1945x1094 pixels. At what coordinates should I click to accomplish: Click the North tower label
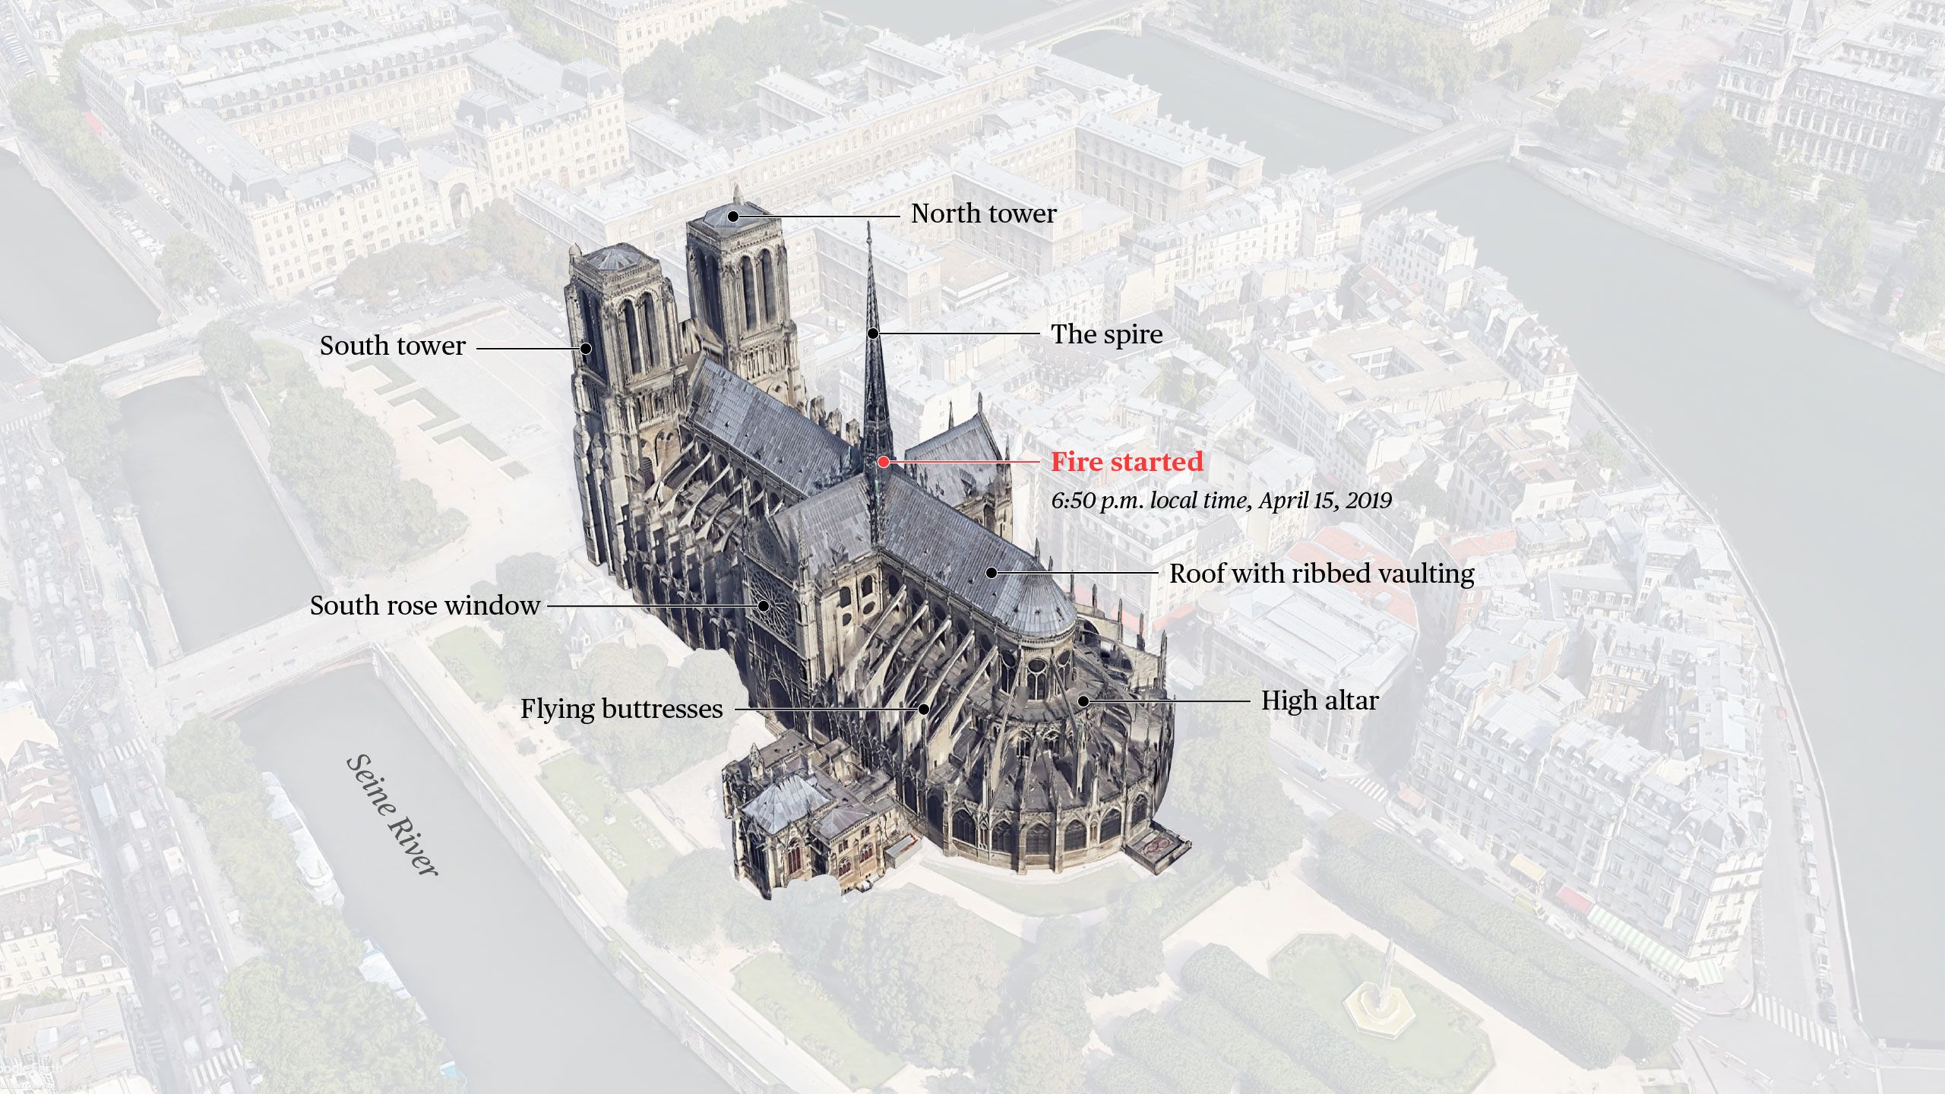point(983,213)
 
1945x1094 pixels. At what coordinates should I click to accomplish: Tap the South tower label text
point(392,346)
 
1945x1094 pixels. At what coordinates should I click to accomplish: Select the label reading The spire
point(1106,334)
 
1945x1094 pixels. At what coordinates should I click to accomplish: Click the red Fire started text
point(1127,462)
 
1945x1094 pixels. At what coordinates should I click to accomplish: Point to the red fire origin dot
point(883,462)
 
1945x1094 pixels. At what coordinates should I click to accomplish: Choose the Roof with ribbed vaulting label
point(1321,574)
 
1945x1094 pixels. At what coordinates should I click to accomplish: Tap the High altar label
point(1320,700)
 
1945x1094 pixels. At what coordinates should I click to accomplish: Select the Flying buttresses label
point(621,709)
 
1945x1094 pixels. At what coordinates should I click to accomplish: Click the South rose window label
point(425,605)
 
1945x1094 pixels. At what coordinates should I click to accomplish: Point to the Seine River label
point(392,815)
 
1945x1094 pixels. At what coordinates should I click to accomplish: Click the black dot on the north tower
point(733,217)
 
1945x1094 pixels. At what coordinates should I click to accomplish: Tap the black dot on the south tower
point(586,349)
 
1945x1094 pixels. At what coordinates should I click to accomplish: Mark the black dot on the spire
point(874,334)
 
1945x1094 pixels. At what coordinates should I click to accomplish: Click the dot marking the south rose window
point(764,605)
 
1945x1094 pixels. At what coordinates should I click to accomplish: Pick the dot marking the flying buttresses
point(924,709)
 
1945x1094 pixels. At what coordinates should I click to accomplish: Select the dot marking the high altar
point(1083,700)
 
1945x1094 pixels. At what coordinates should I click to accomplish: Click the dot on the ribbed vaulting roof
point(991,573)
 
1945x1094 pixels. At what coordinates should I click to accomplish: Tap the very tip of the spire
point(870,223)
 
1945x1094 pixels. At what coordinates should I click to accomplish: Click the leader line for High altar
point(1170,700)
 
